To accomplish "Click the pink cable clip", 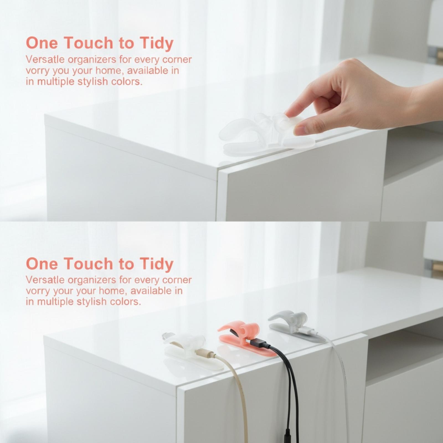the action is [244, 339].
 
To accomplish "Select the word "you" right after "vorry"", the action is [61, 71].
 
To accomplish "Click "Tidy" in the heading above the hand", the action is [156, 43].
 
